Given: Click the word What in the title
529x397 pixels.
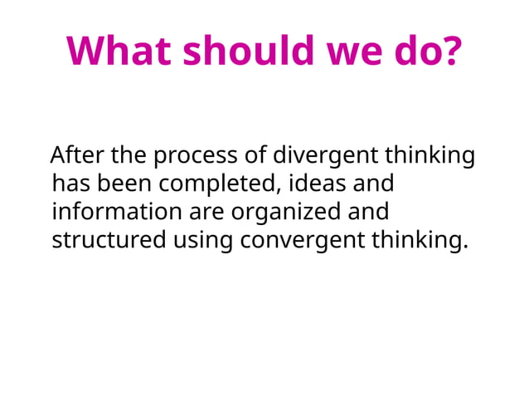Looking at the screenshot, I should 120,51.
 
